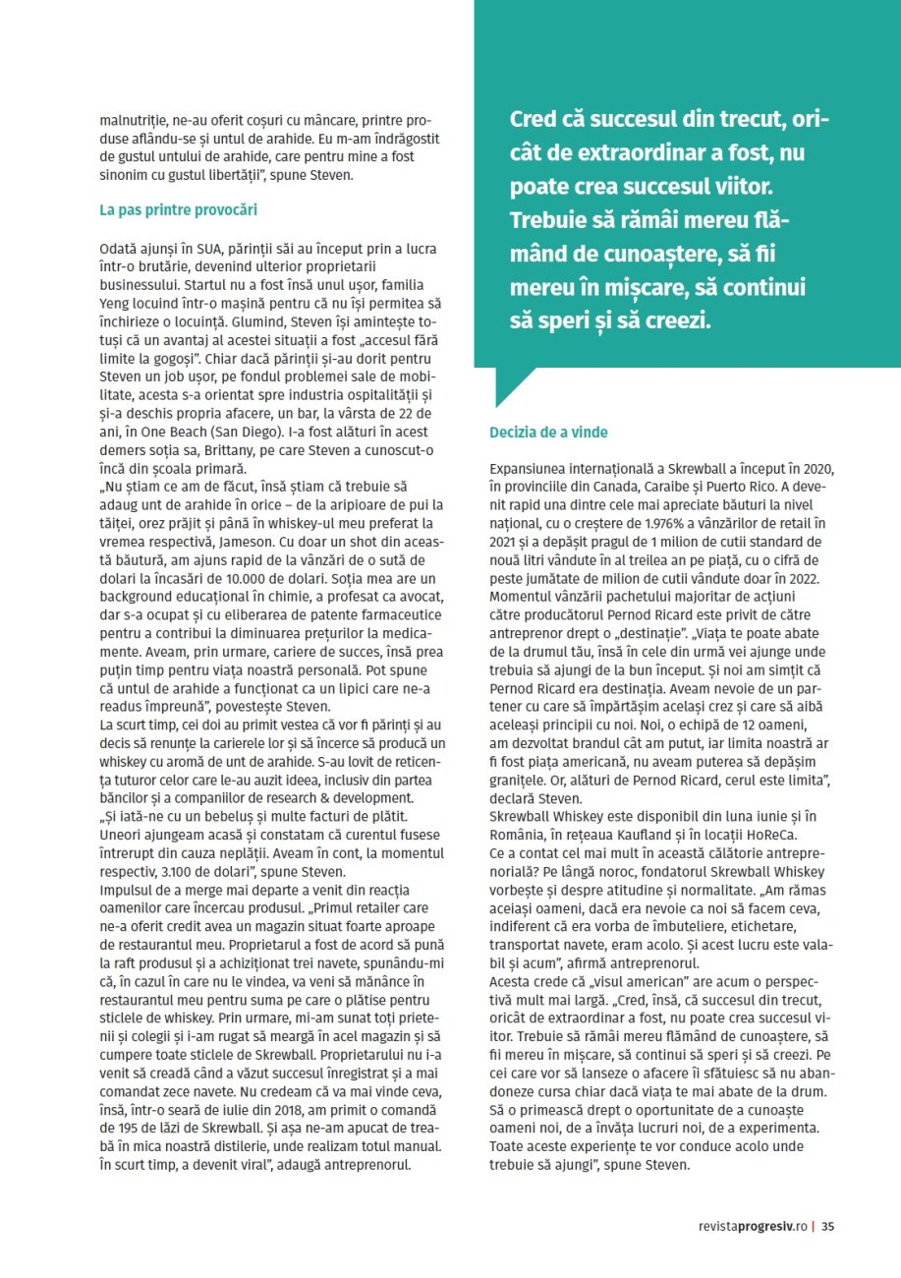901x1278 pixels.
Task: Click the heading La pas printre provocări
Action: click(x=179, y=210)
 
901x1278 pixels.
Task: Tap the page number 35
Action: click(x=828, y=1226)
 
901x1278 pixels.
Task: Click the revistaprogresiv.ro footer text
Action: click(x=752, y=1226)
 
